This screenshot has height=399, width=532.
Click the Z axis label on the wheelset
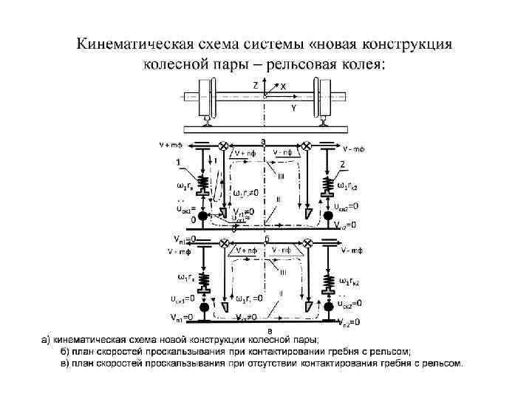point(256,86)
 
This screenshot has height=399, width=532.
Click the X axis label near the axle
point(283,87)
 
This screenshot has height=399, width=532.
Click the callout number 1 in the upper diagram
point(177,163)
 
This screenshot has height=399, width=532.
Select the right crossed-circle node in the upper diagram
point(307,147)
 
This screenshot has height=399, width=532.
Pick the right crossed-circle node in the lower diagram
point(307,245)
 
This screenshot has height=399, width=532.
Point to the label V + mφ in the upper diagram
point(171,145)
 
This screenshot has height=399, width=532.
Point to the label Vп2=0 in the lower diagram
point(347,322)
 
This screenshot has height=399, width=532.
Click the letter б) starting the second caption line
point(65,351)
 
